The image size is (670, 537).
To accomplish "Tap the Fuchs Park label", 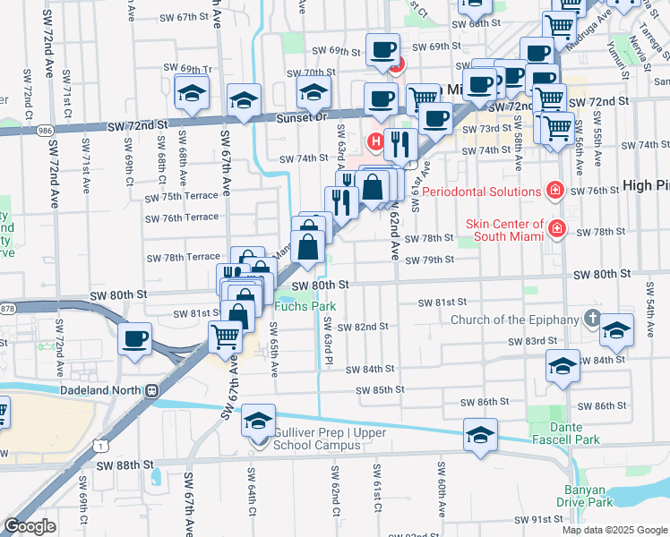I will (305, 307).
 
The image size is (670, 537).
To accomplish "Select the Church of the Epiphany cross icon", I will (591, 318).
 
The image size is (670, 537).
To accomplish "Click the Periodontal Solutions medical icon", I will (555, 191).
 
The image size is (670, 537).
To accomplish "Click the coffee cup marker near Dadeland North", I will (135, 338).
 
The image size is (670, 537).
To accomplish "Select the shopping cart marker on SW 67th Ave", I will (225, 337).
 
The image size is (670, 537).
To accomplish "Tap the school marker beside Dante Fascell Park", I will (481, 435).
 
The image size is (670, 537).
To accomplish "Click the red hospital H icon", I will (377, 141).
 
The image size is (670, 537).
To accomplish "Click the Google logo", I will (29, 526).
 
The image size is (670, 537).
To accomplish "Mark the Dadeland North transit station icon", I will (151, 390).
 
